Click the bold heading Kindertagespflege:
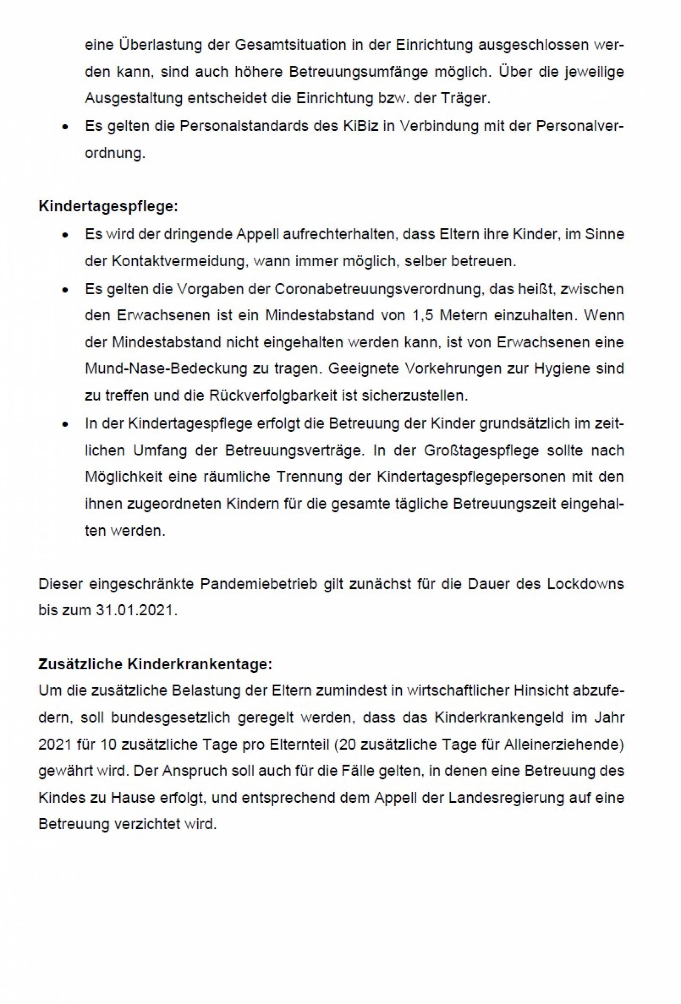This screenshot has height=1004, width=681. coord(108,207)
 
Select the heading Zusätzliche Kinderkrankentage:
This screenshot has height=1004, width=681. coord(155,664)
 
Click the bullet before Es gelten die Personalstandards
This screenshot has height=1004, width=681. coord(65,127)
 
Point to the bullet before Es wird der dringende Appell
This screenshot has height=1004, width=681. coord(65,236)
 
